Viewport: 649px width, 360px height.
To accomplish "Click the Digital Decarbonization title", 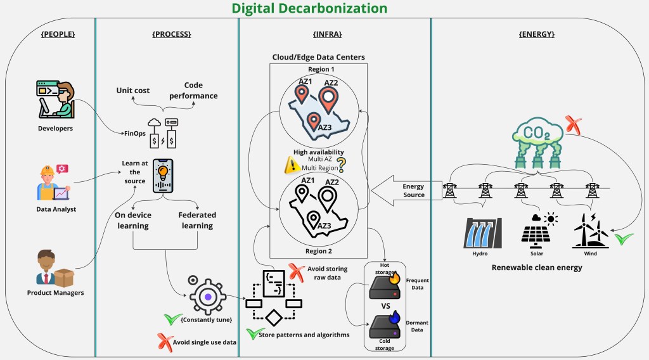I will click(309, 8).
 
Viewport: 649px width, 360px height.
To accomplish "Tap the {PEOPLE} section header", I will click(58, 34).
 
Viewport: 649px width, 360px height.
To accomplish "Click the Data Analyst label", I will click(56, 209).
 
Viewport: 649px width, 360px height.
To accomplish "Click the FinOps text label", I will click(134, 133).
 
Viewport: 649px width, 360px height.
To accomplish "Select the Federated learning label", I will click(196, 220).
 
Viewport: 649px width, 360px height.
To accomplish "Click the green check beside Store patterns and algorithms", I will click(252, 333).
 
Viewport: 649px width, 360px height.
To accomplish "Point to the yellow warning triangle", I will click(291, 165).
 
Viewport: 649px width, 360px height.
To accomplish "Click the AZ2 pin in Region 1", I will click(327, 98).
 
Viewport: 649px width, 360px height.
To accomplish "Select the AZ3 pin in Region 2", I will click(312, 220).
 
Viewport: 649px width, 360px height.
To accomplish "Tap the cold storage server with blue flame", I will click(384, 324).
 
